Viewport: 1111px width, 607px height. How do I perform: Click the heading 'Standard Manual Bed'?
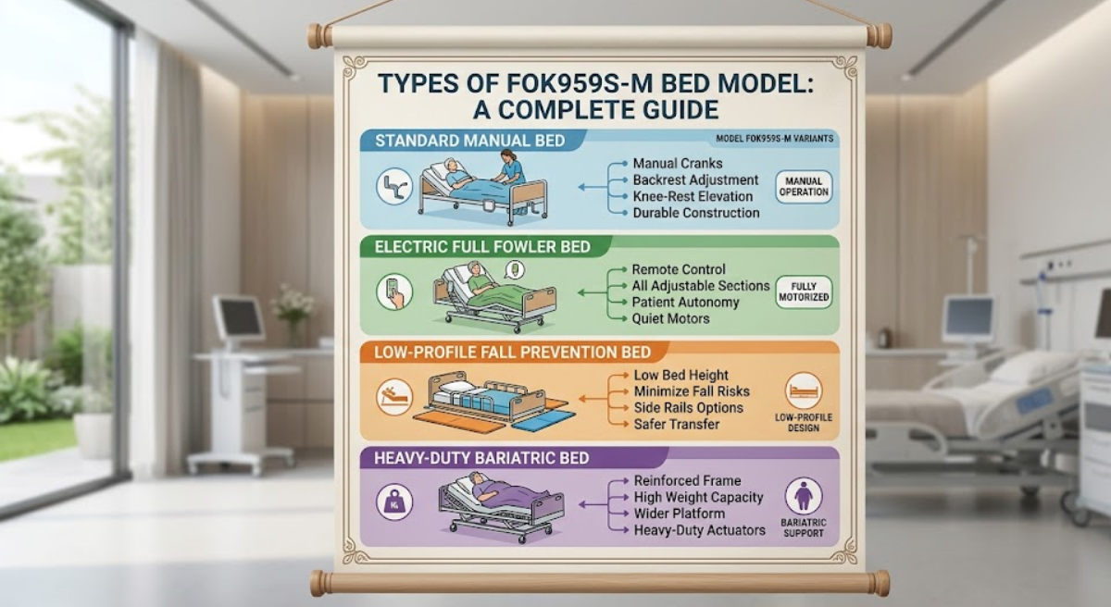point(469,141)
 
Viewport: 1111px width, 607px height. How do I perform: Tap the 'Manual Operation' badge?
point(804,187)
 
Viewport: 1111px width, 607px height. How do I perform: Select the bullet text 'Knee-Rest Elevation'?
point(693,196)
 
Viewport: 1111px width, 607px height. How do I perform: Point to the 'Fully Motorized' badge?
point(804,291)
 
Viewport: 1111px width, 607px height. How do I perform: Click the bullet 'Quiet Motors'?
point(670,318)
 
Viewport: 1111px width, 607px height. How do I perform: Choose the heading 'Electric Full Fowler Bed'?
point(482,247)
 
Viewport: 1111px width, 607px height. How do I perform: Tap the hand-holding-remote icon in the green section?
point(394,291)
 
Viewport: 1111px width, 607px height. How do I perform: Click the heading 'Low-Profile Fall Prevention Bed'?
point(512,352)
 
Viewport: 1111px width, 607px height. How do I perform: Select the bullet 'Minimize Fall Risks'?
point(692,391)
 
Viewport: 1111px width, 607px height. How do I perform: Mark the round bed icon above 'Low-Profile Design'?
point(804,390)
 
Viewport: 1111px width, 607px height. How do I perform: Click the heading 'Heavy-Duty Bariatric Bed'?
point(481,458)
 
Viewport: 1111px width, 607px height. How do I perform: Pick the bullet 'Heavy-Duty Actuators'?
point(699,530)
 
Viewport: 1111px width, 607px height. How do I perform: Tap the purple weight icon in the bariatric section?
point(394,502)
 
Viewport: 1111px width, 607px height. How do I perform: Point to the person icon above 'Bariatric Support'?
point(804,496)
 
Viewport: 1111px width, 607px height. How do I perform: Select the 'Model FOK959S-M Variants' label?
point(774,139)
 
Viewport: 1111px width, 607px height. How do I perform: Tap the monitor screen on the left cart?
point(238,317)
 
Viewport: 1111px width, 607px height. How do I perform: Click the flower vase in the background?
point(293,317)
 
